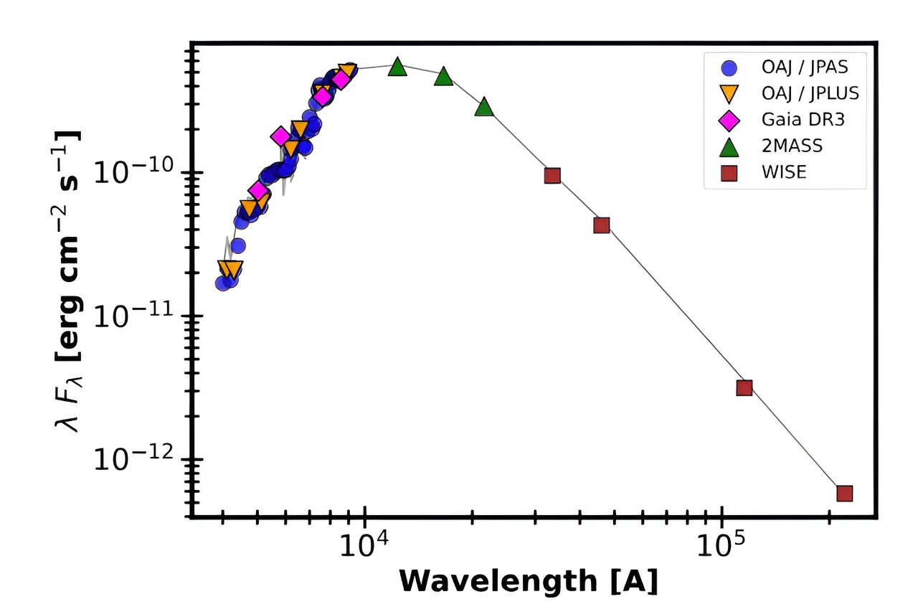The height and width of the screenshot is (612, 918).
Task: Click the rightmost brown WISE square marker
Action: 844,493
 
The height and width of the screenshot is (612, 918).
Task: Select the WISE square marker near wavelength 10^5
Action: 744,387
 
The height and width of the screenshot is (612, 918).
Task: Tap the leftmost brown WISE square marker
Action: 552,176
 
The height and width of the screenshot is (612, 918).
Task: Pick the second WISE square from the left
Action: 602,225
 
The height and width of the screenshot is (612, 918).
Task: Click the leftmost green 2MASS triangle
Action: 397,67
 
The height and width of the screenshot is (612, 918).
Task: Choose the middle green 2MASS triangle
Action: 444,76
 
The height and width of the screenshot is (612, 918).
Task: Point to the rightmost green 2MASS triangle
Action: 485,107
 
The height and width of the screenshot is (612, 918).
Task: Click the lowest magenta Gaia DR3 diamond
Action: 257,190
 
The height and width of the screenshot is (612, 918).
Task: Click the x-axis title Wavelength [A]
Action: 527,581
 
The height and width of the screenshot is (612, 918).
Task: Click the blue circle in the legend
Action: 729,68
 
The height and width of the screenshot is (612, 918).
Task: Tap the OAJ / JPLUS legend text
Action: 810,94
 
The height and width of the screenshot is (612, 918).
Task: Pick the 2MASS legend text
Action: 792,146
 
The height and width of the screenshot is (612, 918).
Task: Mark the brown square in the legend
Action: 729,172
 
